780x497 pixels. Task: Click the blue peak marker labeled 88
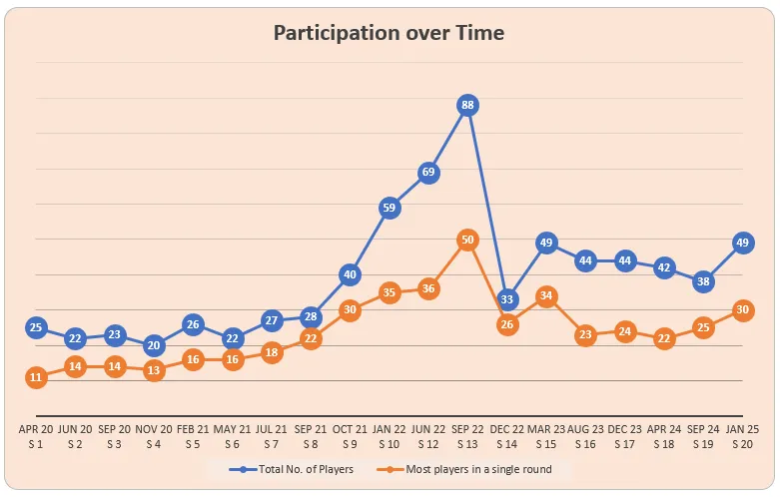(x=467, y=105)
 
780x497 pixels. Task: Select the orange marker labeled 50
(x=467, y=240)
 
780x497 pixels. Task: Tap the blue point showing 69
(x=428, y=173)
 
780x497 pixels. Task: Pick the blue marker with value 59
(x=390, y=208)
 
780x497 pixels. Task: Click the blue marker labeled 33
(x=506, y=298)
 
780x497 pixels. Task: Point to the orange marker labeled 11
(x=36, y=377)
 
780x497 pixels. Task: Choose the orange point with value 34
(x=546, y=295)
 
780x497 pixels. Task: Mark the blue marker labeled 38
(x=703, y=281)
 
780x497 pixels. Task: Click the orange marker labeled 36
(x=428, y=288)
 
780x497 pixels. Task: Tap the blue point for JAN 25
(x=742, y=243)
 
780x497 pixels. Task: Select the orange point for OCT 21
(x=350, y=309)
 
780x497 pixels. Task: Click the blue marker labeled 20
(x=154, y=345)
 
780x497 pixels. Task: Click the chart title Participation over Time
(x=390, y=33)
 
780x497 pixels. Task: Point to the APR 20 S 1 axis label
(x=37, y=436)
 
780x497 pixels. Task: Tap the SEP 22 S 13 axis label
(x=467, y=436)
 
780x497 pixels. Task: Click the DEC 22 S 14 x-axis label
(x=506, y=436)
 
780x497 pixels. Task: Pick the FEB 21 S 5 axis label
(x=194, y=436)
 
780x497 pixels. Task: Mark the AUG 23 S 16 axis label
(x=585, y=436)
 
